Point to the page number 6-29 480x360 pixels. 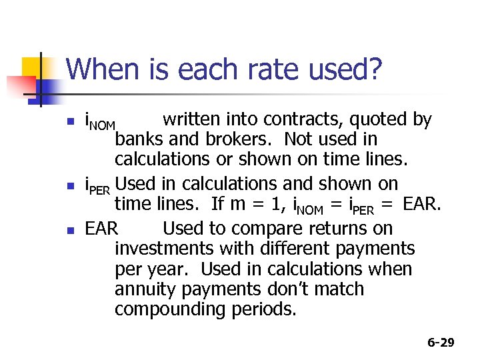click(441, 343)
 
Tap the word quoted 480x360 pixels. click(382, 120)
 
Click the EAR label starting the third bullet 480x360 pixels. click(101, 229)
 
